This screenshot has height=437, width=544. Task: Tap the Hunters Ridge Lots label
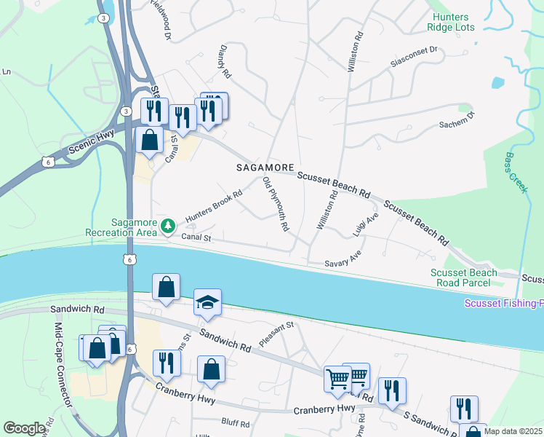[x=452, y=22]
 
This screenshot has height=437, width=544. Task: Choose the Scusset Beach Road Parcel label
[x=464, y=278]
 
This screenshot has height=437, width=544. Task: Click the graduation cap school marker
[x=207, y=303]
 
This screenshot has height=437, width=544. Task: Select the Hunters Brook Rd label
[x=213, y=207]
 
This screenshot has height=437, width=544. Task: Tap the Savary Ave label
[x=343, y=259]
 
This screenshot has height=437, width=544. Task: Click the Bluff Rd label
[x=235, y=423]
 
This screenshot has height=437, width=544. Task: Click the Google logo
[x=23, y=428]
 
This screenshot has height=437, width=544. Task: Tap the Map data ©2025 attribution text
[x=513, y=431]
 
